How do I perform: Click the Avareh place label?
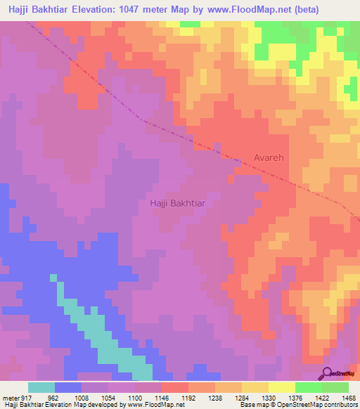269,159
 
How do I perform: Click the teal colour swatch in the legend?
41,387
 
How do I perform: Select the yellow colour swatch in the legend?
281,387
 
